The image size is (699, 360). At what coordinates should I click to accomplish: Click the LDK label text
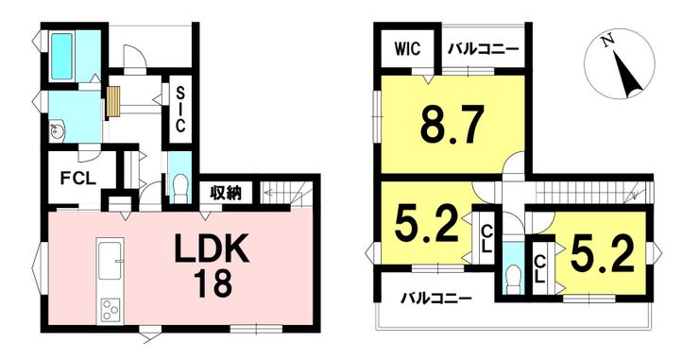(x=210, y=250)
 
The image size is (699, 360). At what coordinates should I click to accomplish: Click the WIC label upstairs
(x=407, y=48)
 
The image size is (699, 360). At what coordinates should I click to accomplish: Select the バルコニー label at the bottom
(x=435, y=299)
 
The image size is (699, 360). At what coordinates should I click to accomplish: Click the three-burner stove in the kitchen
(x=111, y=308)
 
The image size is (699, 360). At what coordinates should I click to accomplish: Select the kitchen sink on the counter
(x=110, y=256)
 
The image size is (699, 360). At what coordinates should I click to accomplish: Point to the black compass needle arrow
(x=627, y=75)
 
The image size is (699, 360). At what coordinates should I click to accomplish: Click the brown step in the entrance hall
(x=113, y=100)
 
